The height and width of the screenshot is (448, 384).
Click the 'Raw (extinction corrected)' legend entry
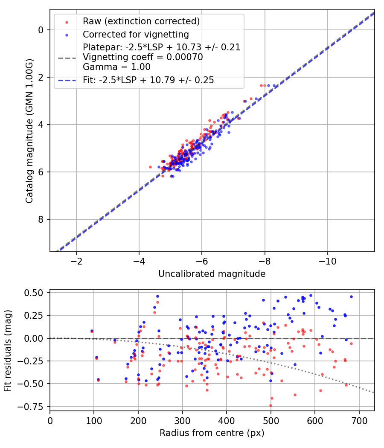(141, 21)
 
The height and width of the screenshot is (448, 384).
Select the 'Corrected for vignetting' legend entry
(135, 34)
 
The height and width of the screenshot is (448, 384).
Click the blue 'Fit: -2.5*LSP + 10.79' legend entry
(148, 80)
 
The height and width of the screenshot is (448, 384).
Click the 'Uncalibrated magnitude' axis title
(212, 274)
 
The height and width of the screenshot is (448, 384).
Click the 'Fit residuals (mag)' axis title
(8, 351)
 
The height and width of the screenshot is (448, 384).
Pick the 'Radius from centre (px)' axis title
(212, 433)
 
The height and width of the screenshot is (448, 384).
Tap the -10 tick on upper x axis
(327, 261)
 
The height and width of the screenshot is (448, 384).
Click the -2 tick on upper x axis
(76, 261)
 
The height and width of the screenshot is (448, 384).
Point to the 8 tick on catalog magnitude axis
(41, 219)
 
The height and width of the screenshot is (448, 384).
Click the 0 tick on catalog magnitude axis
(41, 30)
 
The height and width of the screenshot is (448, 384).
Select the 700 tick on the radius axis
(359, 420)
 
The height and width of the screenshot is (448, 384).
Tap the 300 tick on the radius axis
(182, 420)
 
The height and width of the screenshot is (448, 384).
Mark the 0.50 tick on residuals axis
(35, 293)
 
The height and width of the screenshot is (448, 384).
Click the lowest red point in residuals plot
(271, 405)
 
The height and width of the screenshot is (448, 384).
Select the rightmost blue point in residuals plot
(351, 297)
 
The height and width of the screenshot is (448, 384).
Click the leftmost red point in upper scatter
(150, 167)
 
